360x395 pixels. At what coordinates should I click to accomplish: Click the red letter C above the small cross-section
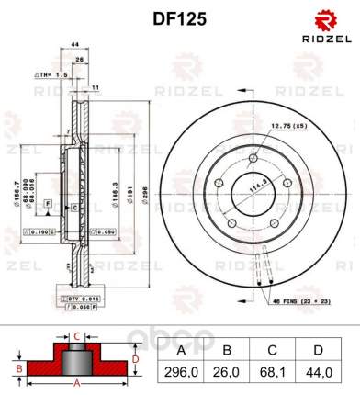pos(78,335)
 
